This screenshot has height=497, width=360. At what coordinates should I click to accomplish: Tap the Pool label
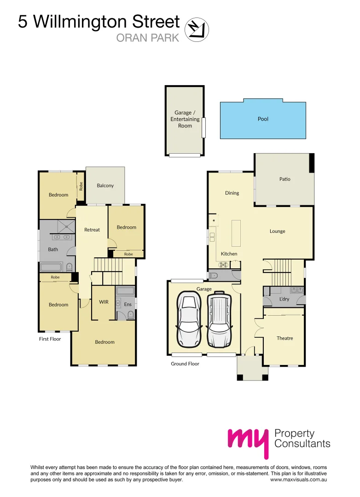(x=263, y=119)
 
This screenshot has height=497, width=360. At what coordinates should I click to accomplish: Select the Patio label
(x=285, y=179)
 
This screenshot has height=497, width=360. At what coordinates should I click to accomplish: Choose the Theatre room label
(x=285, y=338)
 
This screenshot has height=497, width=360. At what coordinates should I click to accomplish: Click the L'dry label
(x=285, y=300)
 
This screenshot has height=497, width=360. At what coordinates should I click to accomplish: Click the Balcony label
(x=105, y=185)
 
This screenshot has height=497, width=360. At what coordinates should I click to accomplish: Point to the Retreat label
(x=92, y=230)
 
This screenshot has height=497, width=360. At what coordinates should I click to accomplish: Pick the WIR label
(x=104, y=302)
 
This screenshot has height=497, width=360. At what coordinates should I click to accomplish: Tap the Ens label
(x=128, y=304)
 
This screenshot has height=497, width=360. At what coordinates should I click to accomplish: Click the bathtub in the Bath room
(x=51, y=267)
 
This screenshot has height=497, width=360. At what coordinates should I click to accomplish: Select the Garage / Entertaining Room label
(x=185, y=119)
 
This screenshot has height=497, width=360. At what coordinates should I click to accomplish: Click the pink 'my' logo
(x=248, y=441)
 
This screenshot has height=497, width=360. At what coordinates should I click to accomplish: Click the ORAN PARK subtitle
(x=147, y=38)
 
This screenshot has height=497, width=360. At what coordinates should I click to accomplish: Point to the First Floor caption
(x=49, y=339)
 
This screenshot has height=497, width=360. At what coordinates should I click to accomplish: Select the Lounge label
(x=277, y=231)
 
